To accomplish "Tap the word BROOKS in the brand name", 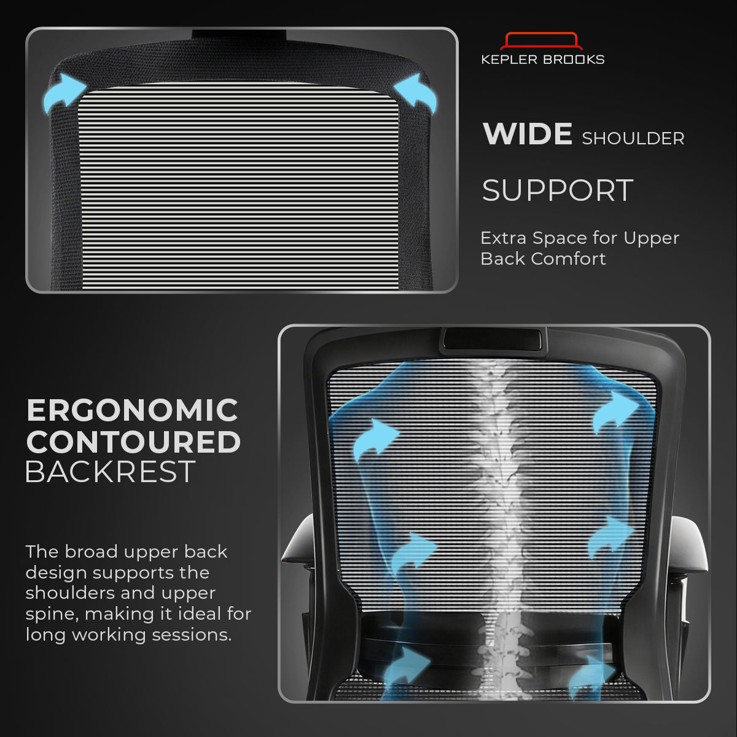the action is [x=574, y=60].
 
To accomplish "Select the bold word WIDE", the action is [x=528, y=134].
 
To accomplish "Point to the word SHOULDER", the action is [x=633, y=138].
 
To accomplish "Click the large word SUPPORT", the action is [x=558, y=190].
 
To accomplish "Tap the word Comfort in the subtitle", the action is [x=568, y=259].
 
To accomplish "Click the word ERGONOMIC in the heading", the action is [x=132, y=410].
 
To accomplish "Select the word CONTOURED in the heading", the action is [x=133, y=442].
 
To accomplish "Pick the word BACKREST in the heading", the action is [x=110, y=472].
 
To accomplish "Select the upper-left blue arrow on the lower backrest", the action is [x=376, y=440].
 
